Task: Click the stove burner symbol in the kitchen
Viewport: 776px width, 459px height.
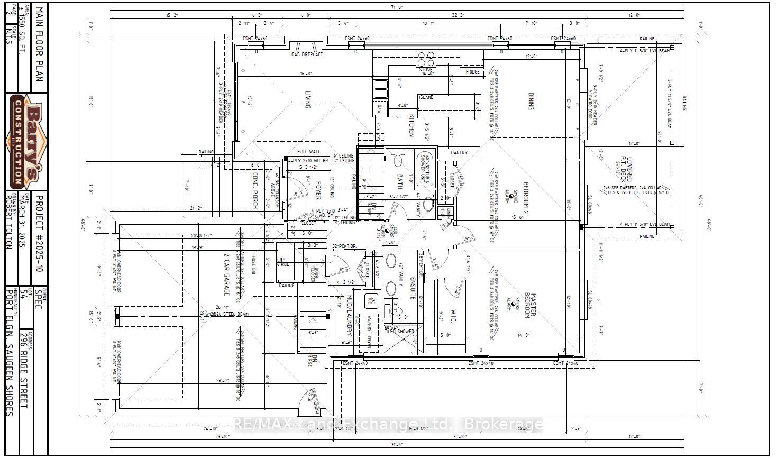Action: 426,57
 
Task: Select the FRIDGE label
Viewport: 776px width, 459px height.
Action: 473,72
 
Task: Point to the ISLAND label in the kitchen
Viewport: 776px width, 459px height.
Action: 426,97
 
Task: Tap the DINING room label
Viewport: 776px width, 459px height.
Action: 531,100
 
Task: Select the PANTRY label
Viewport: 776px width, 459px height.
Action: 459,153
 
